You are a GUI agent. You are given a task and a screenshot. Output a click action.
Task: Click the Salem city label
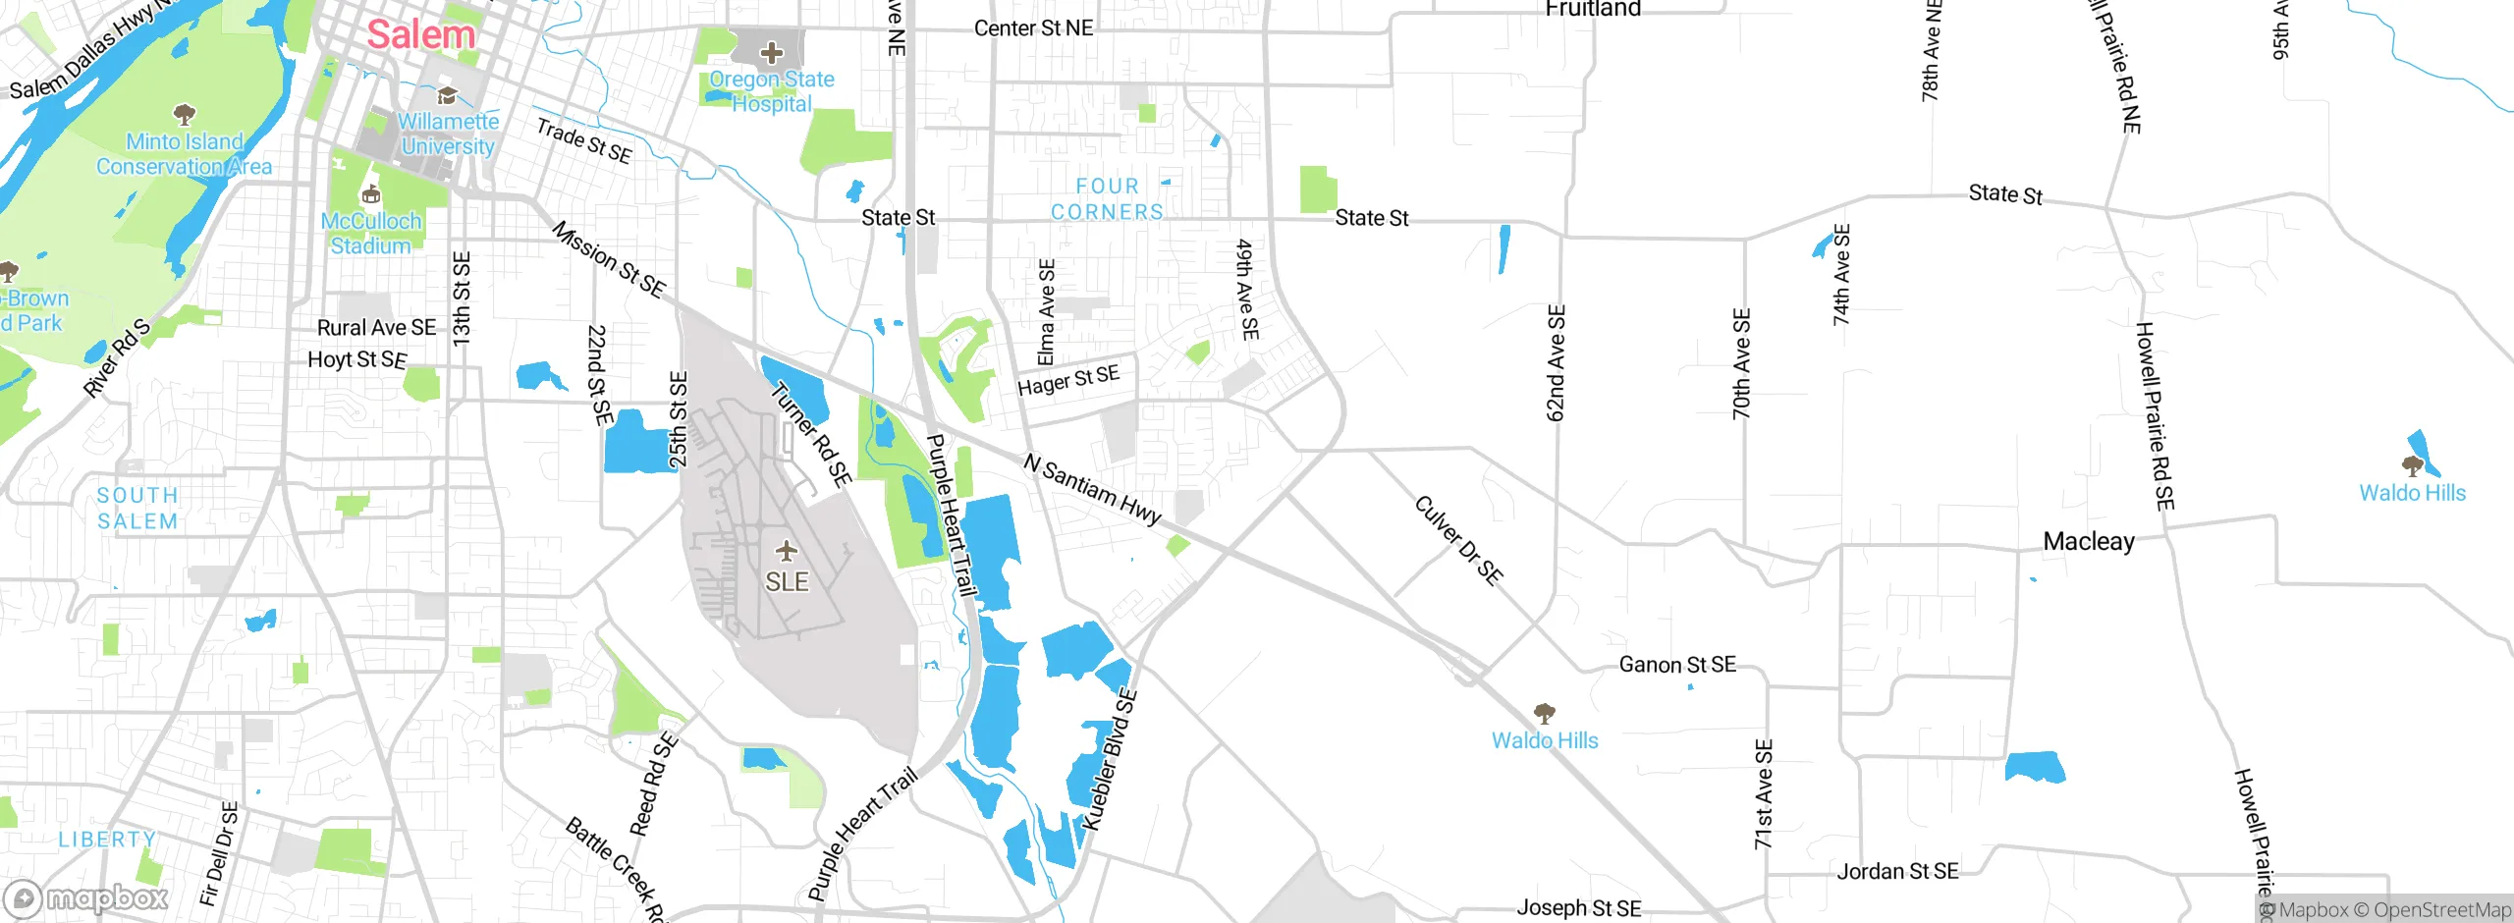420,35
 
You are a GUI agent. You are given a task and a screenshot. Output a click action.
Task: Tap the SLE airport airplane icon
786,550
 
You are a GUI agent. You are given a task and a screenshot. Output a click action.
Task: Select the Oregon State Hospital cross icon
772,52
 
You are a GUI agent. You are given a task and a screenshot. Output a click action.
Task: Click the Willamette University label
448,135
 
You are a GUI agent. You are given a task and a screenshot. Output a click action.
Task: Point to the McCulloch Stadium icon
371,194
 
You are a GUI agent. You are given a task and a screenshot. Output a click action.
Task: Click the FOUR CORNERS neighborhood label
1107,199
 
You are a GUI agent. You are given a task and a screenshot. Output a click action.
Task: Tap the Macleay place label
2088,542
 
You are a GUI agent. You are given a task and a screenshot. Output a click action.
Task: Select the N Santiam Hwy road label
1092,488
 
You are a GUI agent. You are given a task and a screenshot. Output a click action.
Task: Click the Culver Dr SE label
1458,540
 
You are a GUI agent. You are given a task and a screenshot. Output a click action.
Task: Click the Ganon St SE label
1676,665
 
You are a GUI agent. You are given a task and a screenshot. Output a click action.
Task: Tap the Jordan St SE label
1896,871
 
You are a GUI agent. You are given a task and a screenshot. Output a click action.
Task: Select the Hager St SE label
1067,380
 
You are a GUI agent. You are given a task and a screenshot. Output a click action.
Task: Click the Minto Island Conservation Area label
184,154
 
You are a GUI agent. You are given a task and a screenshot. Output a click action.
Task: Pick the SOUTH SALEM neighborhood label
137,509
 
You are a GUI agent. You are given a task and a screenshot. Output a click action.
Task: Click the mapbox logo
86,897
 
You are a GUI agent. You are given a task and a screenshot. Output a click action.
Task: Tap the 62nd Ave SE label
1556,363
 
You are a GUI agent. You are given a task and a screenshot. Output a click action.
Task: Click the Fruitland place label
1592,10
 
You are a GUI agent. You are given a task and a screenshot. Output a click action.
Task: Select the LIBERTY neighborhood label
106,840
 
